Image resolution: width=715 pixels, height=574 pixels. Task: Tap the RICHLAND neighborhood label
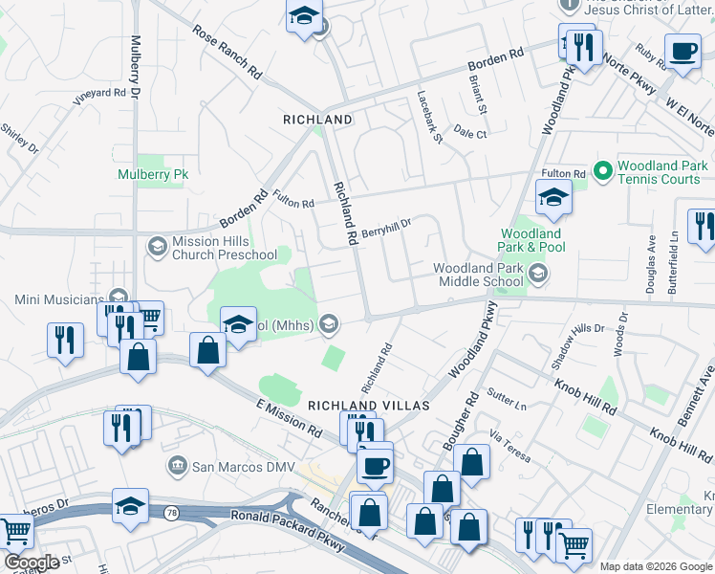click(318, 120)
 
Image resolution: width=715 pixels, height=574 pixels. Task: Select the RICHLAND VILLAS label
click(368, 406)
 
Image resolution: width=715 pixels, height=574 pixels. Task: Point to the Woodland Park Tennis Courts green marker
click(602, 172)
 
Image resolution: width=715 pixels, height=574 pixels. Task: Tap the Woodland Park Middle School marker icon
click(537, 275)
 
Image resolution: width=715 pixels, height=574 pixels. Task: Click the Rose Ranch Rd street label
click(227, 52)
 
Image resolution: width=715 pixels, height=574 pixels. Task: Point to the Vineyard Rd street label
click(100, 94)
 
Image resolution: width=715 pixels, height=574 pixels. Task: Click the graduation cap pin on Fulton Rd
click(552, 198)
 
